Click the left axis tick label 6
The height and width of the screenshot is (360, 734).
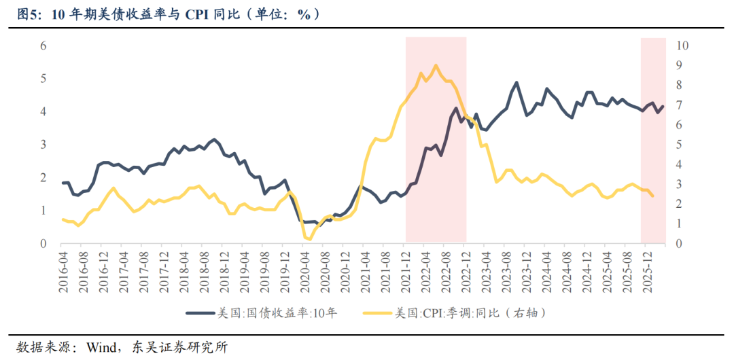(x=43, y=46)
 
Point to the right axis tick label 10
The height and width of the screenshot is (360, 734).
(x=682, y=46)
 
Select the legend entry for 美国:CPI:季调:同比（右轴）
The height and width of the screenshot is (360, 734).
(x=469, y=313)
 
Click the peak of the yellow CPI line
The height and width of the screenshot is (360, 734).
(x=435, y=65)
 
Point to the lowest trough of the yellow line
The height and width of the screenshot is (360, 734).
(x=309, y=239)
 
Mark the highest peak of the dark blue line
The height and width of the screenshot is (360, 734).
(x=517, y=83)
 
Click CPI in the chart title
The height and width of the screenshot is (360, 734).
(x=198, y=14)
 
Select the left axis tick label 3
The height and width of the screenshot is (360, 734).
(x=43, y=145)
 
